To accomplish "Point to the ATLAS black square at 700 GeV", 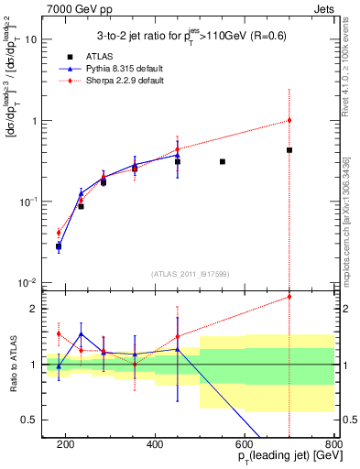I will click(x=289, y=150).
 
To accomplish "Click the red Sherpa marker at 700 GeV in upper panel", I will click(x=289, y=120).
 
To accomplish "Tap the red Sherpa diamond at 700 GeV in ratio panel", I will click(x=289, y=296).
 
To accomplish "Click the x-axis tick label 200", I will click(x=66, y=444).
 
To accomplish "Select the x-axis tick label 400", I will click(x=155, y=444).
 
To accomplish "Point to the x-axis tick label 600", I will click(x=245, y=444).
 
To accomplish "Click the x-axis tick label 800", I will click(x=333, y=444).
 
